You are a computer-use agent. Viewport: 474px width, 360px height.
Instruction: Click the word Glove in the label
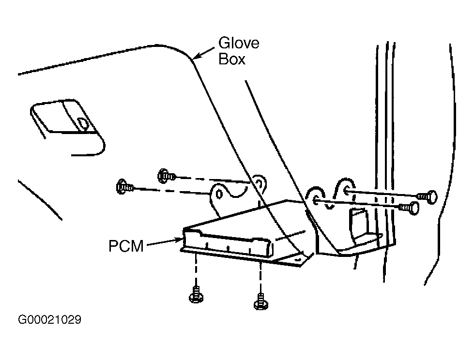coord(239,43)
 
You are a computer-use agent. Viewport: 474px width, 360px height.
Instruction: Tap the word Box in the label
coord(232,59)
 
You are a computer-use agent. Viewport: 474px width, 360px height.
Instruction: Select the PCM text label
coord(126,246)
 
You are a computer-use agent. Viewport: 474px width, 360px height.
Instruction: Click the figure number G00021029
coord(49,319)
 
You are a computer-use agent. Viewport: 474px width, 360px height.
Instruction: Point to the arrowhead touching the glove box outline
coord(197,56)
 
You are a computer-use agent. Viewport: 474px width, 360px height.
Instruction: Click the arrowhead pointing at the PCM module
coord(178,240)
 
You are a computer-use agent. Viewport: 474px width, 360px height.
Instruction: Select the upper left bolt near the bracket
coord(166,175)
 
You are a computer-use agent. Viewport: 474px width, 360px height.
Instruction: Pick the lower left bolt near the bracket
coord(124,187)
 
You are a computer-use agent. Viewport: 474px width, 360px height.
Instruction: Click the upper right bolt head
coord(428,196)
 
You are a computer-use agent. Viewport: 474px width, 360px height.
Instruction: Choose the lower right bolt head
coord(410,208)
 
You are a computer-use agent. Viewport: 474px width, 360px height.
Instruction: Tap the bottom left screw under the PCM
coord(196,295)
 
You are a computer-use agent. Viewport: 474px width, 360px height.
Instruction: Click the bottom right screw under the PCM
coord(260,301)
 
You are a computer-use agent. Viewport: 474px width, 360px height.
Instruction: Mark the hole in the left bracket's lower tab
coord(219,194)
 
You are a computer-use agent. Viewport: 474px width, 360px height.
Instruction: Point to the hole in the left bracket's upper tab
coord(259,183)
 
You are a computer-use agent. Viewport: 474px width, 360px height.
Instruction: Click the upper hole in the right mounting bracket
coord(346,190)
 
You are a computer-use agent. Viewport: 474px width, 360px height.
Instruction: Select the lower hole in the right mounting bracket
coord(316,200)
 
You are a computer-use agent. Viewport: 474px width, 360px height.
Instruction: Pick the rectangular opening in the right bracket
coord(360,223)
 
